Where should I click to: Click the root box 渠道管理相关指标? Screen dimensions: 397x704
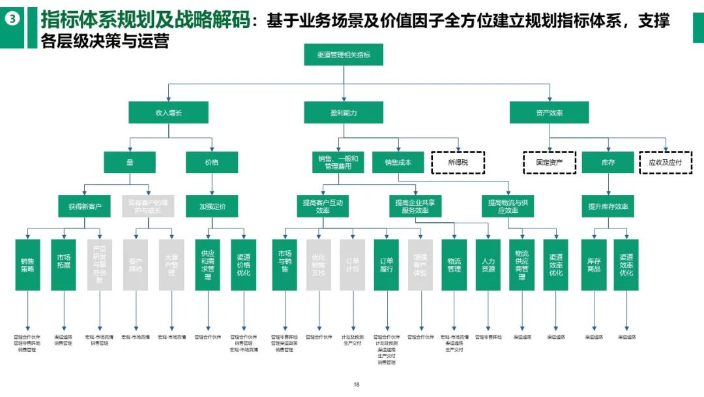[344, 55]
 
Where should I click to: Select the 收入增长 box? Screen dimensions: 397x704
[168, 113]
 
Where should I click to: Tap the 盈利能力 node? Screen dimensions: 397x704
[344, 113]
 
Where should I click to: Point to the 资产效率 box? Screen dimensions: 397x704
[549, 113]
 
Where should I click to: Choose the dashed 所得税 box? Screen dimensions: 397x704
[458, 162]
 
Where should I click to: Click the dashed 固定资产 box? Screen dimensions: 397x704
[549, 162]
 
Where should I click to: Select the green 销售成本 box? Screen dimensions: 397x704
[398, 162]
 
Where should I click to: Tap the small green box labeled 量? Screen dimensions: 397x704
[130, 162]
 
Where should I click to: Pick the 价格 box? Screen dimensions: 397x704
[212, 162]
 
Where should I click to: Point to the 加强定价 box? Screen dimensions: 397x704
[213, 206]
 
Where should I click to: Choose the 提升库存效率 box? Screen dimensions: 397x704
[608, 206]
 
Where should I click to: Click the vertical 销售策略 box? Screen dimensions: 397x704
[28, 264]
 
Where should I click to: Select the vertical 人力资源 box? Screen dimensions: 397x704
[488, 264]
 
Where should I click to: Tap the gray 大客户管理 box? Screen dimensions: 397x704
[171, 264]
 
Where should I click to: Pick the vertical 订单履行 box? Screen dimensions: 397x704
[387, 264]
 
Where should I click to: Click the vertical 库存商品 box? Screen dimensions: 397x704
[593, 264]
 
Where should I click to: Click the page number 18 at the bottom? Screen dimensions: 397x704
[356, 385]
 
